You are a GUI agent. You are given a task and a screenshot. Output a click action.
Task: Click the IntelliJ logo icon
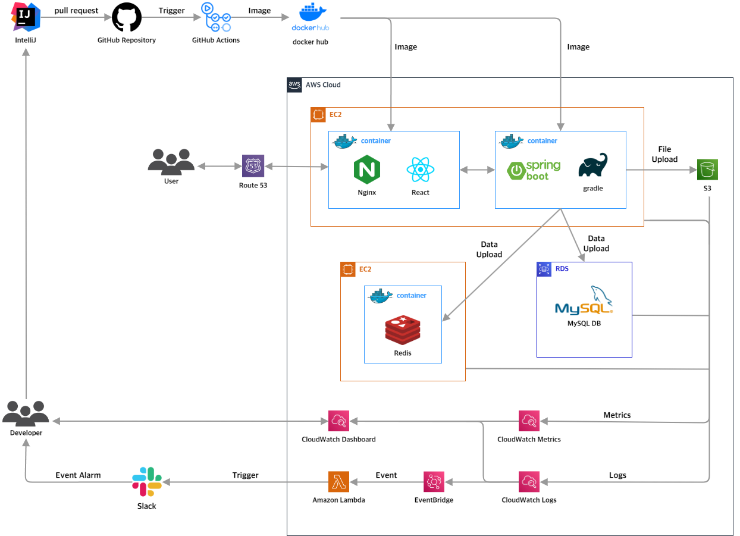coord(26,17)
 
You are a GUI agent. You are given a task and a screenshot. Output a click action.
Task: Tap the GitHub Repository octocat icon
coord(127,17)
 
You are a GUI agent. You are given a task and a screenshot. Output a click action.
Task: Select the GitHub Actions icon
coord(216,17)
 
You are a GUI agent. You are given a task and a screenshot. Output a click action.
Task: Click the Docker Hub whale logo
coord(311,17)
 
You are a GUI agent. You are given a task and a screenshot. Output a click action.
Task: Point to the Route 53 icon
coord(253,166)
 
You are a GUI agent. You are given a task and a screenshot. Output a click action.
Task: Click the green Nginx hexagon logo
coord(366,170)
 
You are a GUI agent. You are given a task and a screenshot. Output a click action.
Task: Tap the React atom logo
coord(420,170)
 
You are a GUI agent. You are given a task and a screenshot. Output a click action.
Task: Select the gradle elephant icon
coord(592,165)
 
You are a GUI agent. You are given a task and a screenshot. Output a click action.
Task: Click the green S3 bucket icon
coord(707,170)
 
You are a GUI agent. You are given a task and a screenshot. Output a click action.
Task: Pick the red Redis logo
coord(403,330)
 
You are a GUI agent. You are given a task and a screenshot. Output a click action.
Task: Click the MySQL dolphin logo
coord(584,300)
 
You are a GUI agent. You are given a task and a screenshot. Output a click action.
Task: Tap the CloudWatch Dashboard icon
coord(338,421)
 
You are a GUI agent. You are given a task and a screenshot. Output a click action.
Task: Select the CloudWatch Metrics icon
coord(529,421)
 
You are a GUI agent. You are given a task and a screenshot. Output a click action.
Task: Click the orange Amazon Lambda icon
coord(338,482)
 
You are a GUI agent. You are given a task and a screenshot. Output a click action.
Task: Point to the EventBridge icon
coord(434,482)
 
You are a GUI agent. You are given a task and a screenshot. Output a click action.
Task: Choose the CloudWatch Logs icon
coord(529,482)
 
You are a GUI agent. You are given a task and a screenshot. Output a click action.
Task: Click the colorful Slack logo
coord(147,482)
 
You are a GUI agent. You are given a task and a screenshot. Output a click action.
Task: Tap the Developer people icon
coord(26,413)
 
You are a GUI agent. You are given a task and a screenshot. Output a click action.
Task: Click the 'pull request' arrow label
coord(76,11)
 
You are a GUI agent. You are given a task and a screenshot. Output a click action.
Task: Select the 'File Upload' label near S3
coord(664,154)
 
